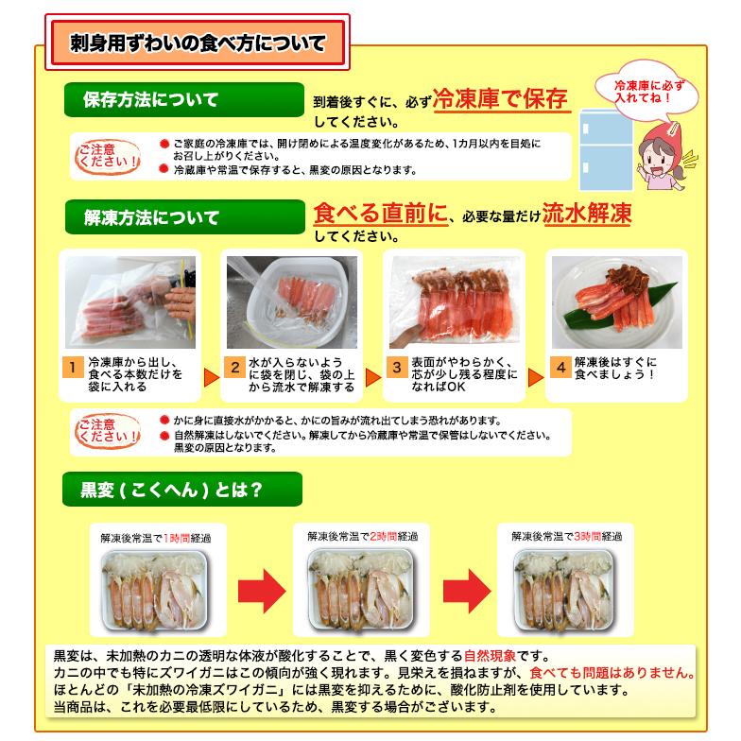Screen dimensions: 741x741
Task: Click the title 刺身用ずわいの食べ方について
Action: pyautogui.click(x=198, y=43)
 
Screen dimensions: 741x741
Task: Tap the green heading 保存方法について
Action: pyautogui.click(x=151, y=99)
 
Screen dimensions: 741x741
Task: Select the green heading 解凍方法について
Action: pyautogui.click(x=151, y=217)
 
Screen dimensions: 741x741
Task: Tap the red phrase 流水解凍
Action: pyautogui.click(x=587, y=214)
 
